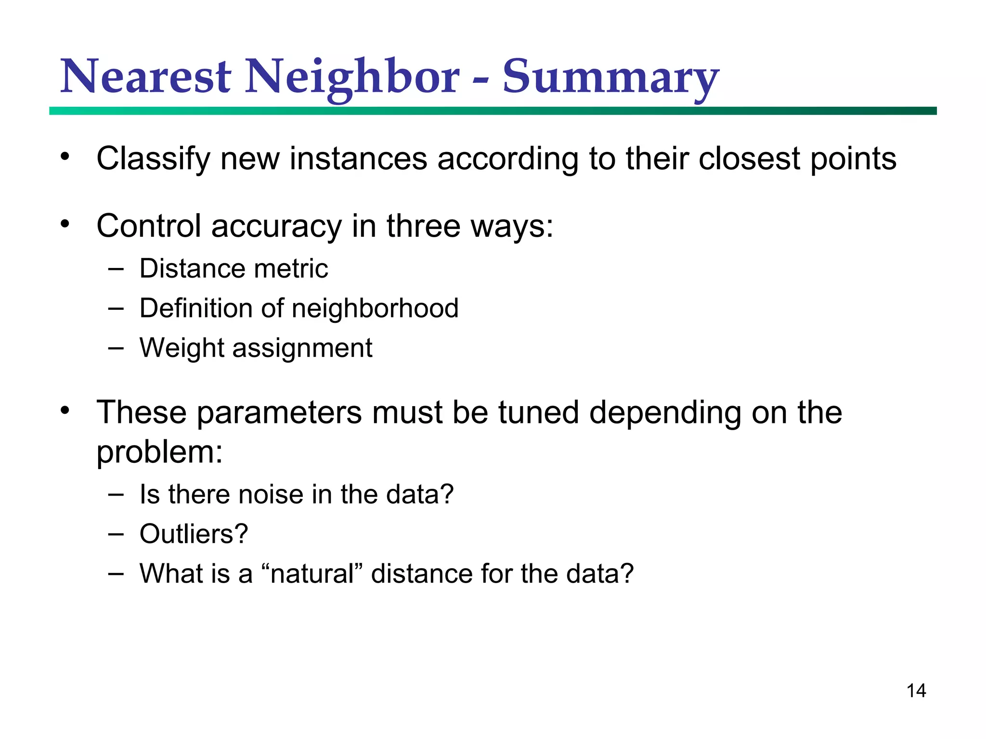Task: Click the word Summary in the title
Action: pos(610,77)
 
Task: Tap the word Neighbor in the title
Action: pos(352,77)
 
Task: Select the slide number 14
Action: pos(916,691)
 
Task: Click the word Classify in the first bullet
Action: pos(154,159)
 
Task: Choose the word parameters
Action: pos(279,413)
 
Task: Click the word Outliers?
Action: pos(194,534)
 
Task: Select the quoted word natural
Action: pos(312,574)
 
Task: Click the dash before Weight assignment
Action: pos(116,348)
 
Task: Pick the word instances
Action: pos(358,159)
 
